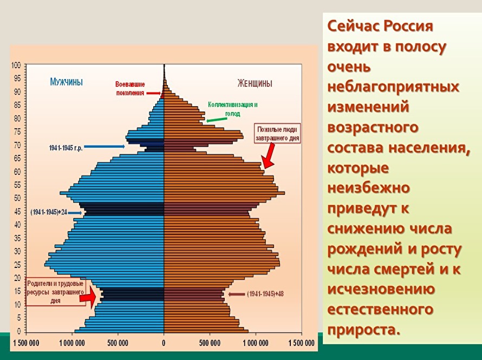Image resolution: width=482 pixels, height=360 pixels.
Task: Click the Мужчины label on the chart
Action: [66, 82]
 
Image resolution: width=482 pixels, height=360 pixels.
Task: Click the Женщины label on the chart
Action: [255, 83]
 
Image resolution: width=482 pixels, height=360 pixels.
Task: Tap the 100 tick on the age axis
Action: [16, 66]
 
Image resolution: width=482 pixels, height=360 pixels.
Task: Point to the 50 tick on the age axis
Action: [17, 198]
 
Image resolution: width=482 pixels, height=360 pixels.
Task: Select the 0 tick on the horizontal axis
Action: [164, 343]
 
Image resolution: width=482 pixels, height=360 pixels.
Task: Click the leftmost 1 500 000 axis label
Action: [25, 343]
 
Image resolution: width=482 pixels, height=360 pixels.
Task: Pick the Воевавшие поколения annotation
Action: [130, 88]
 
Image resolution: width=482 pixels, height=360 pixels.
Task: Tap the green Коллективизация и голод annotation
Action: [233, 109]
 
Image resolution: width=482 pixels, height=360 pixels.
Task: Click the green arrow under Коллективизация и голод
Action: [217, 119]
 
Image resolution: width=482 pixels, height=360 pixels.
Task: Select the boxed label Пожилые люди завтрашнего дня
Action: [278, 134]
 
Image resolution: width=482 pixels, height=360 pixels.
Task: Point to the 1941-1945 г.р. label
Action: [66, 147]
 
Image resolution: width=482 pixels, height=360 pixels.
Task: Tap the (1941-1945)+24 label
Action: [49, 212]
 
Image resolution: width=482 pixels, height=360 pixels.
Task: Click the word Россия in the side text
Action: [409, 27]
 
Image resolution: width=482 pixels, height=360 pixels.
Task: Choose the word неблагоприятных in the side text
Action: [393, 87]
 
